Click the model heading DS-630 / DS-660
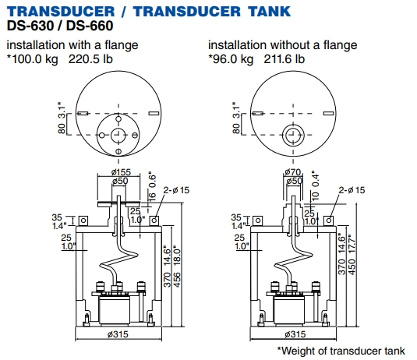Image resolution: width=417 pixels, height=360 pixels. tap(60, 26)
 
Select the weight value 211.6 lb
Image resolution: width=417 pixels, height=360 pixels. tap(284, 59)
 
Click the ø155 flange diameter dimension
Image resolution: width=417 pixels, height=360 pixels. tap(121, 172)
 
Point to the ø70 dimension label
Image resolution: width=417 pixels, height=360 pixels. tap(293, 172)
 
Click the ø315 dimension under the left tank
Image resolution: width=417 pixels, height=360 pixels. tap(118, 334)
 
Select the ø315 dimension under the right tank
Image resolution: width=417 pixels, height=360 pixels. tap(295, 334)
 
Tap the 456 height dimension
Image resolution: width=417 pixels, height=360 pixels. tap(177, 280)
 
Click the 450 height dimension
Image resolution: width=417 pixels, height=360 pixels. tap(352, 267)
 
